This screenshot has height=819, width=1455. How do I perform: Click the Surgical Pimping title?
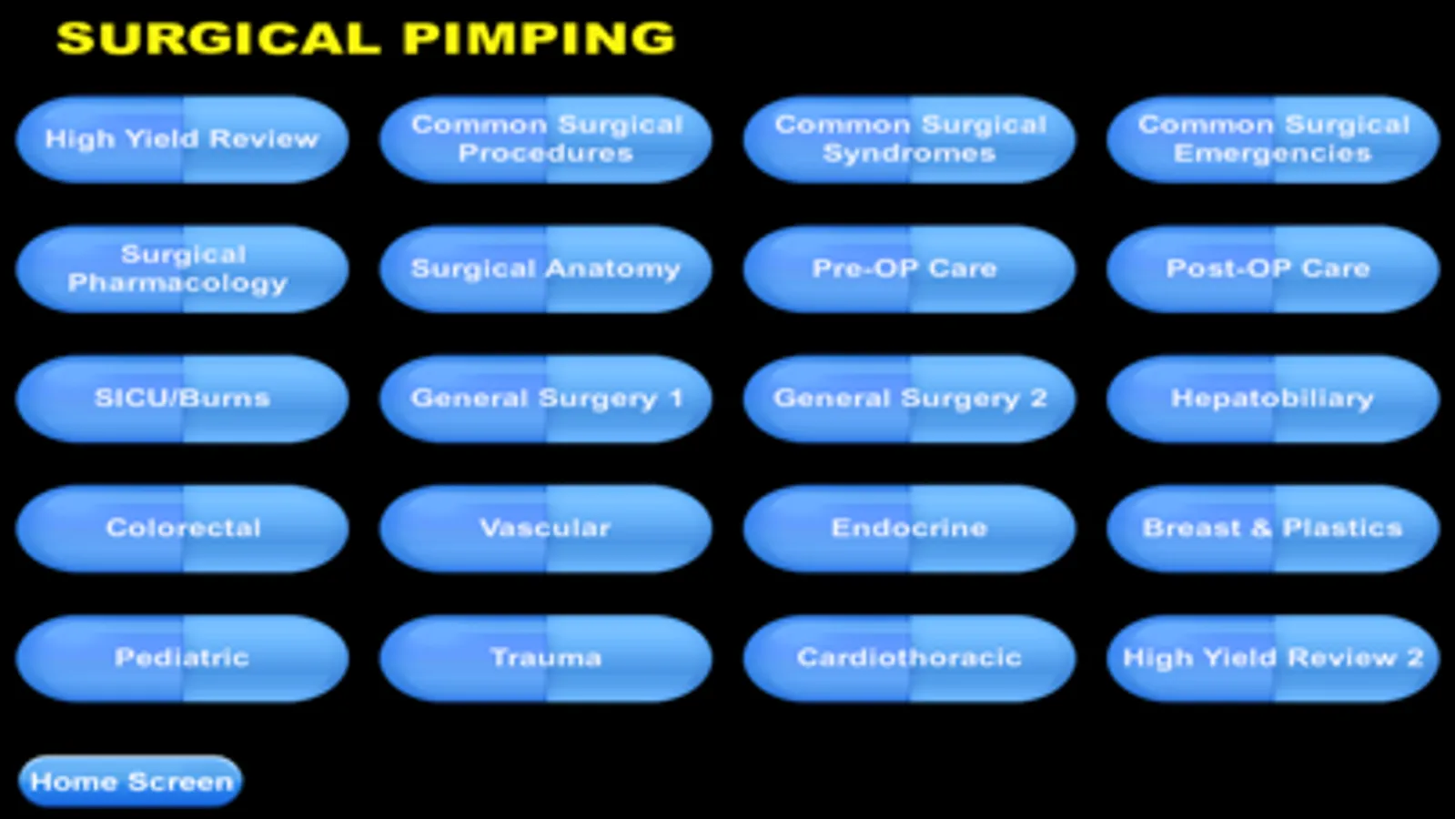coord(367,37)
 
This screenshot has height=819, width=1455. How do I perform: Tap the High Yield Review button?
coord(182,139)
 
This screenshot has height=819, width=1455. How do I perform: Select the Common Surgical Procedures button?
coord(546,139)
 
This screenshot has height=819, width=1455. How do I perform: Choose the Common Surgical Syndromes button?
coord(909,139)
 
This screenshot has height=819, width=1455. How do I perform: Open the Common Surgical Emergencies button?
coord(1273,139)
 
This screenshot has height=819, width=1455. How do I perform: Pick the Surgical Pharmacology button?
coord(182,269)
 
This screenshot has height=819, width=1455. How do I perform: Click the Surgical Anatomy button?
coord(546,269)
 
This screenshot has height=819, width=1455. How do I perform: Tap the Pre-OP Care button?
coord(909,269)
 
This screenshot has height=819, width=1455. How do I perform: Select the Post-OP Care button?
coord(1273,269)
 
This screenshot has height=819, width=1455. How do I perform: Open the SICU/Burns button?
coord(182,399)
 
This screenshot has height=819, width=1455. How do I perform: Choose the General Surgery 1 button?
coord(546,399)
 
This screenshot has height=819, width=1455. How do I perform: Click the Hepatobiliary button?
coord(1273,399)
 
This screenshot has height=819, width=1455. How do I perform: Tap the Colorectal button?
coord(182,529)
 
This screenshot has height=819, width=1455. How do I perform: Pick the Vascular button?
coord(546,529)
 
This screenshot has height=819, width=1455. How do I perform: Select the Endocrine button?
coord(909,529)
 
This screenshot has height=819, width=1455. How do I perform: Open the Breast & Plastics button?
coord(1273,529)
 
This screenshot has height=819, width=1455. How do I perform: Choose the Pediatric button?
coord(182,659)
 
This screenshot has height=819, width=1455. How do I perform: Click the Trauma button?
coord(546,659)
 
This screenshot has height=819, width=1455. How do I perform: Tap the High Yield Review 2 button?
coord(1273,659)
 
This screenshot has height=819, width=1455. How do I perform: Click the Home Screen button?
coord(130,782)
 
